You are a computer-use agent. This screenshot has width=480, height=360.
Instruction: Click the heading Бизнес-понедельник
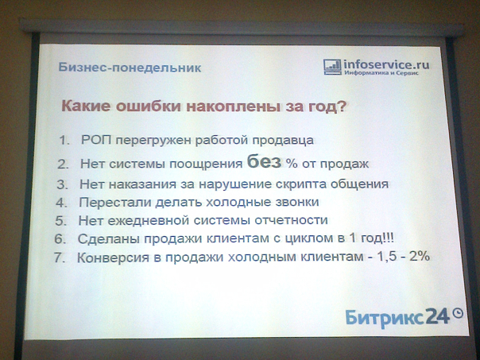click(x=130, y=68)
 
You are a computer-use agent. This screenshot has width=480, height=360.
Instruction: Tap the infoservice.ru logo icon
click(x=332, y=67)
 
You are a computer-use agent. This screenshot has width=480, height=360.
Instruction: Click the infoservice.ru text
click(x=386, y=64)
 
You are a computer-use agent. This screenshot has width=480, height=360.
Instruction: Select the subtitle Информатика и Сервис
click(x=381, y=73)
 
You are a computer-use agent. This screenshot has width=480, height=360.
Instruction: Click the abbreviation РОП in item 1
click(x=96, y=140)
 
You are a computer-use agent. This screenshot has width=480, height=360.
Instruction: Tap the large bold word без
click(x=264, y=161)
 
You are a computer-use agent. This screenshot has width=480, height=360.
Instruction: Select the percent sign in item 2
click(x=292, y=163)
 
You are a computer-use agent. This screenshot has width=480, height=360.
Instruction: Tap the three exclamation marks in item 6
click(x=389, y=238)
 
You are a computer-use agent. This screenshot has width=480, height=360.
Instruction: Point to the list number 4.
click(x=61, y=203)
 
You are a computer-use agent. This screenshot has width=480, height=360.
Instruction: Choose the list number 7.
click(x=59, y=257)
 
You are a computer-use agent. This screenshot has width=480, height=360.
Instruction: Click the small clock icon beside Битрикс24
click(x=458, y=313)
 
